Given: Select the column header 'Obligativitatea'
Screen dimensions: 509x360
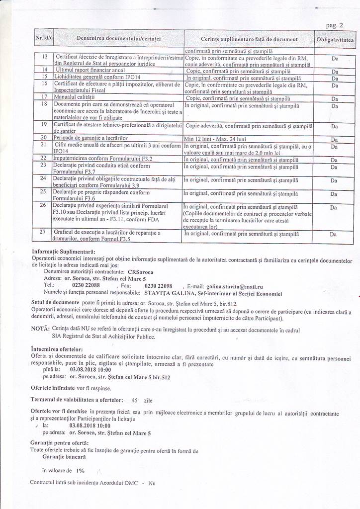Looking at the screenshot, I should [335, 39].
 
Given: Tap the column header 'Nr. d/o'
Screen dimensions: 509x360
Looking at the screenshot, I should [44, 38].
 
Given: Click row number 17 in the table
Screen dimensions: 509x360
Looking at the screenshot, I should [43, 97].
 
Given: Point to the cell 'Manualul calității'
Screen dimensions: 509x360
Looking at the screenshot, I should [75, 97].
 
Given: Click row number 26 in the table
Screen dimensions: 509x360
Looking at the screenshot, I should [43, 205].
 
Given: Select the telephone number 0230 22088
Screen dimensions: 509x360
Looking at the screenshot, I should [86, 286].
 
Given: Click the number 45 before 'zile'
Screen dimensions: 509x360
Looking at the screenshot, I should [135, 399].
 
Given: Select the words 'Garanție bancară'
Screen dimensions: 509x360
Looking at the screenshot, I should [64, 456].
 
